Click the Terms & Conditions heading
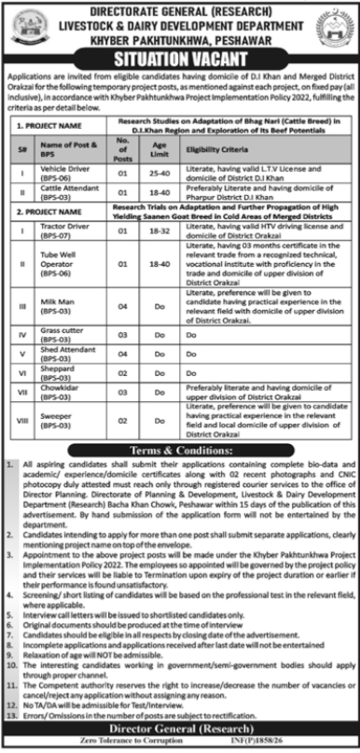(x=180, y=450)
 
